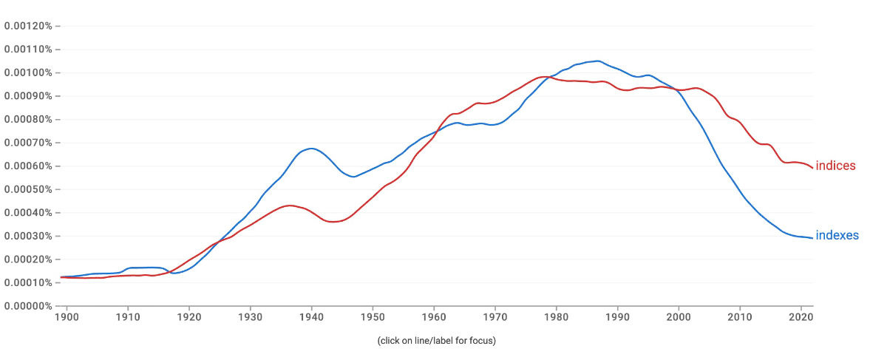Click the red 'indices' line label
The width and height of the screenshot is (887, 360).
coord(835,166)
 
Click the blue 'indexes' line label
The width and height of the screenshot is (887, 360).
coord(837,236)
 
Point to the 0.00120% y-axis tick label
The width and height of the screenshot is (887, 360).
coord(28,26)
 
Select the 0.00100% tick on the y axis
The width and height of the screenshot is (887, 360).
coord(28,72)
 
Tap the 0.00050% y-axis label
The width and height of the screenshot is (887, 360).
coord(28,189)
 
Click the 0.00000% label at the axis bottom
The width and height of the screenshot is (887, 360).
coord(28,306)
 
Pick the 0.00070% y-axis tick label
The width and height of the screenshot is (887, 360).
coord(28,143)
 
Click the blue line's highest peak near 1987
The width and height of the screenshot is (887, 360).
coord(597,61)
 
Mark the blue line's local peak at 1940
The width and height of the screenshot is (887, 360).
coord(311,149)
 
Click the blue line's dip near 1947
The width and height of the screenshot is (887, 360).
coord(354,177)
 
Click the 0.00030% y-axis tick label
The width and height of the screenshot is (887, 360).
coord(28,236)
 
